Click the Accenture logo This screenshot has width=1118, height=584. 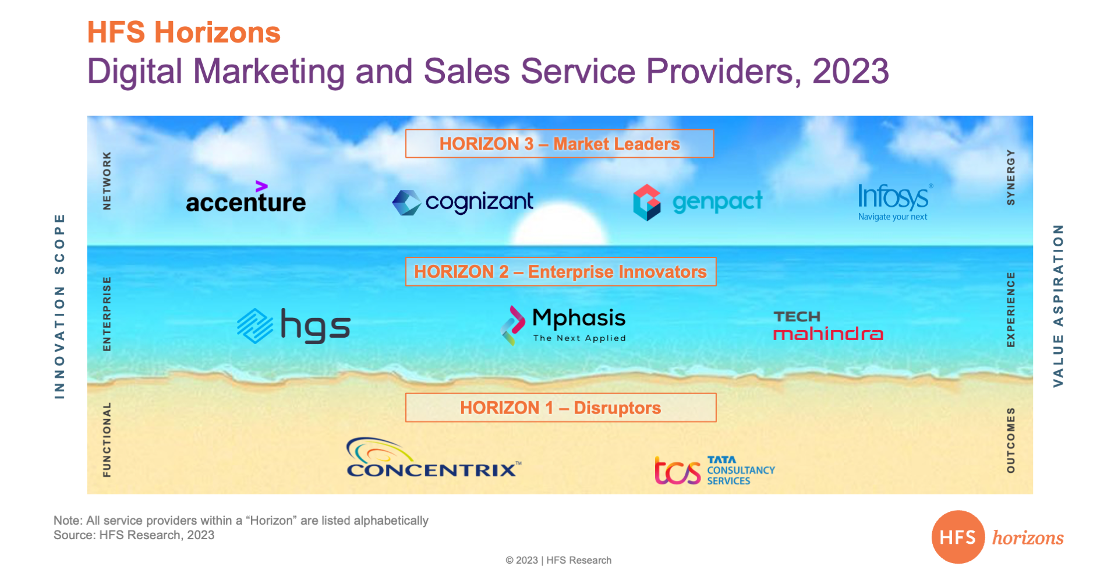[246, 198]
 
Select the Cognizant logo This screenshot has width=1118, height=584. [463, 203]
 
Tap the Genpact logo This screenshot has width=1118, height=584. [698, 202]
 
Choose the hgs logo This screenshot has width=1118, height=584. [294, 325]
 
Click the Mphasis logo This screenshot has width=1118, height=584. [563, 325]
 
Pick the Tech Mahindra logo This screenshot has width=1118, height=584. [828, 325]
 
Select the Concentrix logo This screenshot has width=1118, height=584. [433, 458]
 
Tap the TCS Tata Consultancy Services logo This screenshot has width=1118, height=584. [714, 470]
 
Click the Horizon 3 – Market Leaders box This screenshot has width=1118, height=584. [560, 144]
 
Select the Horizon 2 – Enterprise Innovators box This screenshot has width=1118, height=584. [561, 272]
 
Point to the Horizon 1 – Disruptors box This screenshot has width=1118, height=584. [561, 408]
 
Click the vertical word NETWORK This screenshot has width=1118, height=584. [107, 180]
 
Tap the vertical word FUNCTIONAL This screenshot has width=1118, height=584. [107, 440]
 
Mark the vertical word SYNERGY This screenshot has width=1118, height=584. [1011, 177]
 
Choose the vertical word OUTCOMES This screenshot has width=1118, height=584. [1011, 440]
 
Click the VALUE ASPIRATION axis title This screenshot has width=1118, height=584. [1058, 306]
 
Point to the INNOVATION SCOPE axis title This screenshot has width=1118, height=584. [59, 306]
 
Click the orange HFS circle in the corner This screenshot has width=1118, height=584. [958, 537]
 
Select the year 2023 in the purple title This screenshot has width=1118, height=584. [851, 72]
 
